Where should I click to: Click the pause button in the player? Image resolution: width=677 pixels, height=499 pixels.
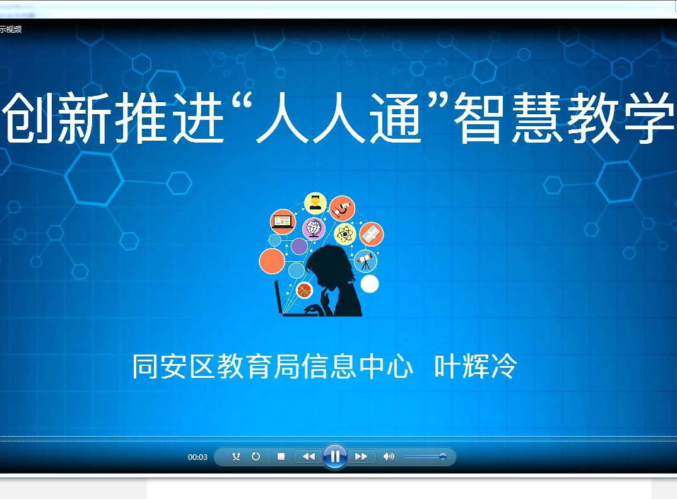(x=334, y=456)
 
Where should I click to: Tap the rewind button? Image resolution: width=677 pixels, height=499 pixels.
(x=309, y=456)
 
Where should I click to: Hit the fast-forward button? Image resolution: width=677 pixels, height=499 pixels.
(x=361, y=456)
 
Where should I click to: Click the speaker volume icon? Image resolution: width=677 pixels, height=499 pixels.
(x=388, y=456)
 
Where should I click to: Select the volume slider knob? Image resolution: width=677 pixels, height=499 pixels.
(x=442, y=456)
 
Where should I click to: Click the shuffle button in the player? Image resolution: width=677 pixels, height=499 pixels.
(x=236, y=456)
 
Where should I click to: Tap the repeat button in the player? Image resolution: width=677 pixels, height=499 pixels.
(x=256, y=456)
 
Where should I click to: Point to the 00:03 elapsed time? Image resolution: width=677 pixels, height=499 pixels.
(x=197, y=457)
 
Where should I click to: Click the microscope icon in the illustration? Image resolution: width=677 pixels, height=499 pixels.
(x=343, y=208)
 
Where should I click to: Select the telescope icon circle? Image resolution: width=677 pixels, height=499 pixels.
(x=365, y=261)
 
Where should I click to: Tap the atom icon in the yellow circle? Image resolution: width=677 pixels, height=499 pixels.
(x=344, y=235)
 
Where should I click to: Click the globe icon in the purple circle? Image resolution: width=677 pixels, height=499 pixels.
(x=314, y=228)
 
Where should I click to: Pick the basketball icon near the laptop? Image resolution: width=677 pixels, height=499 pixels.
(x=305, y=290)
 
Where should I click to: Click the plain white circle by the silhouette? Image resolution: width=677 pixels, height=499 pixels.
(x=370, y=284)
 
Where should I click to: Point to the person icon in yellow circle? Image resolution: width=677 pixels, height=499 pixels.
(x=315, y=203)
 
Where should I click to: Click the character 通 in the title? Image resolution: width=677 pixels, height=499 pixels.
(x=395, y=118)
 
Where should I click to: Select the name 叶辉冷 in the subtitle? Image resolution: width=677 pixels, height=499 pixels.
(x=475, y=366)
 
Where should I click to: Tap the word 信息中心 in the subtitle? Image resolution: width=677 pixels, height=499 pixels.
(x=357, y=366)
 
